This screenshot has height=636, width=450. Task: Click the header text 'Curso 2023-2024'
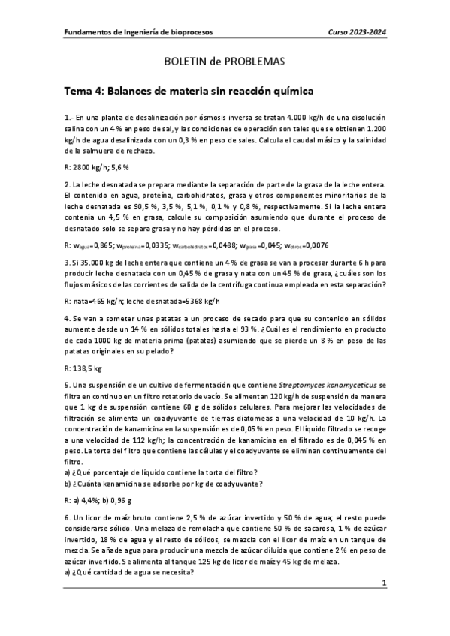click(x=356, y=33)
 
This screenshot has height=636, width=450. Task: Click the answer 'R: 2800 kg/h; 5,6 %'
click(x=97, y=166)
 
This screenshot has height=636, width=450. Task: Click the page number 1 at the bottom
click(x=384, y=583)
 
